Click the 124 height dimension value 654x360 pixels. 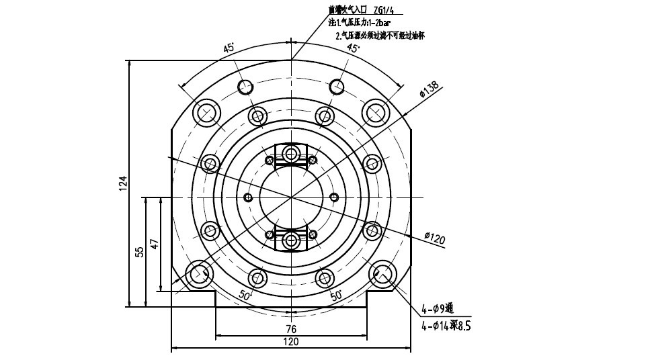(x=123, y=183)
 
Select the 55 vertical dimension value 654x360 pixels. (x=140, y=251)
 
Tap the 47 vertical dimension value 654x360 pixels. (x=155, y=243)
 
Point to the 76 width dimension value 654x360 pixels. (x=291, y=329)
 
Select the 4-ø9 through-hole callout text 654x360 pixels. (x=438, y=309)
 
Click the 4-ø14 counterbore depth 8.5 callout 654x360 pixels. (x=446, y=326)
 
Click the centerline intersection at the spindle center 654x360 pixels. (x=291, y=197)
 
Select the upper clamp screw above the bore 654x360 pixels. (x=291, y=154)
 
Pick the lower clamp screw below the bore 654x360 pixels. (x=291, y=240)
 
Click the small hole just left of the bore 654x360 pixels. (x=248, y=197)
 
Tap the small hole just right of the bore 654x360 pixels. (x=334, y=197)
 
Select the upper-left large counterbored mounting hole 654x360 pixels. (x=206, y=112)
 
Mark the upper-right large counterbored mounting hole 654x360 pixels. (x=376, y=111)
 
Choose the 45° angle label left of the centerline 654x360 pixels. (x=229, y=48)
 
